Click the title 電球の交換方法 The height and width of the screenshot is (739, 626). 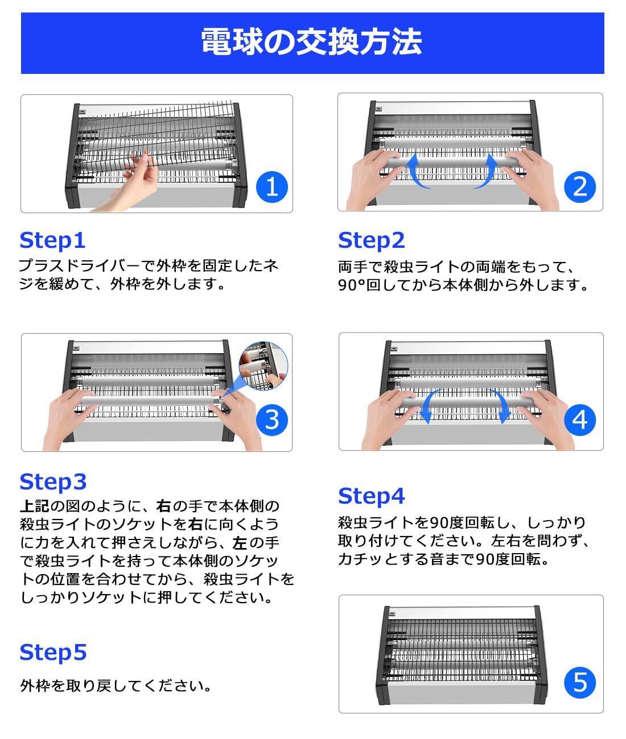(x=311, y=42)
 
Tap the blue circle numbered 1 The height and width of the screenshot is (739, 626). (x=272, y=187)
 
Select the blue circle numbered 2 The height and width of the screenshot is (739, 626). (x=579, y=187)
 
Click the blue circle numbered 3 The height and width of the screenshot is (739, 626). (x=272, y=420)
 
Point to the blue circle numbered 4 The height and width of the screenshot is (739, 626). (x=579, y=420)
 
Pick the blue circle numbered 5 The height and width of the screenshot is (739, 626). (x=580, y=683)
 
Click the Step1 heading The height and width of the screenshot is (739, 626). (x=52, y=240)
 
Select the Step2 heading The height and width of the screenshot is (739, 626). (x=371, y=240)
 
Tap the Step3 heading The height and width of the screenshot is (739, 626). (x=53, y=482)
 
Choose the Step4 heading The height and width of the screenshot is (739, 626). (x=371, y=496)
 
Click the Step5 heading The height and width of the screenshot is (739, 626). (x=53, y=653)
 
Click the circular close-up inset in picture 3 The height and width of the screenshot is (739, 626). (x=263, y=366)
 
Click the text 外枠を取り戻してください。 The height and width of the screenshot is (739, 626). (x=116, y=686)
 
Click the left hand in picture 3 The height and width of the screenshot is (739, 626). (x=70, y=418)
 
